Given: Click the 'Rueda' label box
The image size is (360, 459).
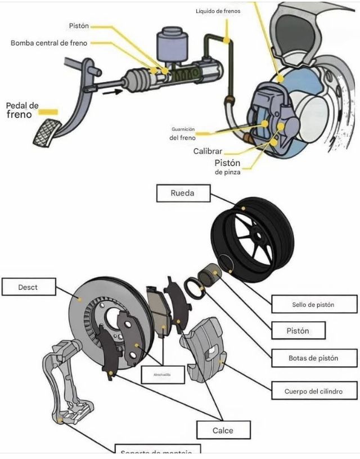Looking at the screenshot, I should point(182,193).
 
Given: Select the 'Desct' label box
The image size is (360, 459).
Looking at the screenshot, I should point(28,287).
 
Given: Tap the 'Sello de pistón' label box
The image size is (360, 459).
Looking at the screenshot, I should point(313,304).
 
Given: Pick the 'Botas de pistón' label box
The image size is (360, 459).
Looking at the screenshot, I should point(313,357).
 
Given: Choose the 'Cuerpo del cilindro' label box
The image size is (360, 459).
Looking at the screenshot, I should point(314,390).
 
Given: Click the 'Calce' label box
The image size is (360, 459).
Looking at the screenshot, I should point(222,430).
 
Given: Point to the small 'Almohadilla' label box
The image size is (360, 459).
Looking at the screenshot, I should point(162,374).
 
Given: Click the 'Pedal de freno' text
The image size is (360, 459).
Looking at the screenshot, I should point(22,110).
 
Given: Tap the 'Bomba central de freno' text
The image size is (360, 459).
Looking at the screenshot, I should point(49,43).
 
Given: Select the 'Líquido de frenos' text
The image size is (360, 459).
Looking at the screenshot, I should point(218,11).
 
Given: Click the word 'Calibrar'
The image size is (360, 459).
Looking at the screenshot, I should point(208,151).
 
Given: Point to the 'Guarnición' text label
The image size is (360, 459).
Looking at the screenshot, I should point(183,129).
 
